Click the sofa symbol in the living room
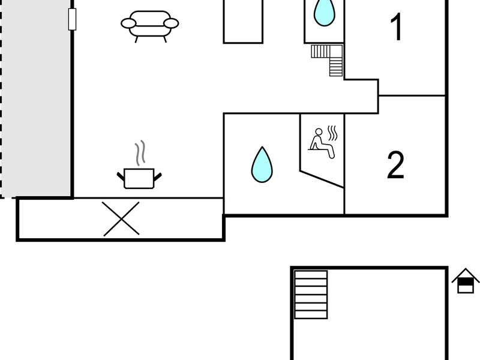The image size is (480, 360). (149, 26)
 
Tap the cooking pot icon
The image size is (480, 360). (139, 178)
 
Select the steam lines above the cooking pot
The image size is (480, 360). (140, 153)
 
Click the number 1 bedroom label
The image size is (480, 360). (396, 27)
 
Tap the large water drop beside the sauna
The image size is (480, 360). (262, 165)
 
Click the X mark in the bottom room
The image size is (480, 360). (121, 218)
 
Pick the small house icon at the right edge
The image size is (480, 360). (466, 281)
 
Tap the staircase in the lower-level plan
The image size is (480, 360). (311, 295)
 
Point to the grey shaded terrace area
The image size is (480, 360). (36, 98)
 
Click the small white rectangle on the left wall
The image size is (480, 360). (72, 19)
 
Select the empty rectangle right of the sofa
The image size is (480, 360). (243, 21)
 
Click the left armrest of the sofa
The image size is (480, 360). (128, 23)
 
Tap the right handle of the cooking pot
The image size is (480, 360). (158, 176)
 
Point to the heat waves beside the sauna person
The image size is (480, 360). (332, 133)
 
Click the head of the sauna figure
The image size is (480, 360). (319, 131)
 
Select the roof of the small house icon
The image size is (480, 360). (466, 274)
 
